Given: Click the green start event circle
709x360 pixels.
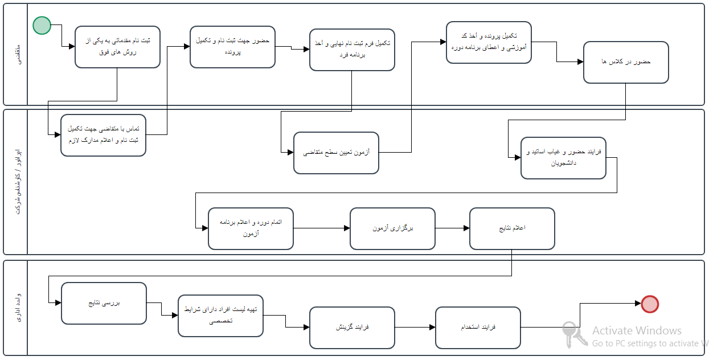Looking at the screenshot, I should (x=42, y=25).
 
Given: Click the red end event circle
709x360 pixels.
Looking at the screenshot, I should (x=650, y=304).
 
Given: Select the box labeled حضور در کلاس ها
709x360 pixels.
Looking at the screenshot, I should (x=626, y=62).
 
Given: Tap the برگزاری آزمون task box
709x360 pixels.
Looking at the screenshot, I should (x=392, y=228).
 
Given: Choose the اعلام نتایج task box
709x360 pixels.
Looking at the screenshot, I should (x=512, y=228).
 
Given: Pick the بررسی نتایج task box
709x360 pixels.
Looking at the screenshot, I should (x=104, y=304).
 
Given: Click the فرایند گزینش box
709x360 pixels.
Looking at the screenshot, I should (x=352, y=328).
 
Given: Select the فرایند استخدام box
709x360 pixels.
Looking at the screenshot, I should (x=478, y=328).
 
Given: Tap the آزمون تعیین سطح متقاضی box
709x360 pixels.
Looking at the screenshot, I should (x=336, y=153).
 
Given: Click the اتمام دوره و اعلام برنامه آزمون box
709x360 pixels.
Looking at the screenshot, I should (x=251, y=228).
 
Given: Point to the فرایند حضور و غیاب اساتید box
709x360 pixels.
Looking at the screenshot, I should (x=563, y=158).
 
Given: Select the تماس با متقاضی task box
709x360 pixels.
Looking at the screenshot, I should (x=104, y=135).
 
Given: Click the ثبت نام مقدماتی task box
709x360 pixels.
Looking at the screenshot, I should (x=117, y=47).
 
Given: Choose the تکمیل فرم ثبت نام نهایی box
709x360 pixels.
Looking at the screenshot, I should (x=352, y=50).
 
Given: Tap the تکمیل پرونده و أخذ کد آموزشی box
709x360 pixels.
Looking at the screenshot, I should (x=489, y=42).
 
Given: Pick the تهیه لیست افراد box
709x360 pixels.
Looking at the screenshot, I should (x=220, y=315).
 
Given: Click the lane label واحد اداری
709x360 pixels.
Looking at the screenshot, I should (x=15, y=308).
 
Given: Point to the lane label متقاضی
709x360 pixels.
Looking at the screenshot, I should (x=15, y=55).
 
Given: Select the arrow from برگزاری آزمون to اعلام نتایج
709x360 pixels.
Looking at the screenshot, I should (x=452, y=228).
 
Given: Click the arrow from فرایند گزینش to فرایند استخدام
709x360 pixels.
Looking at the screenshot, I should (x=415, y=328).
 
